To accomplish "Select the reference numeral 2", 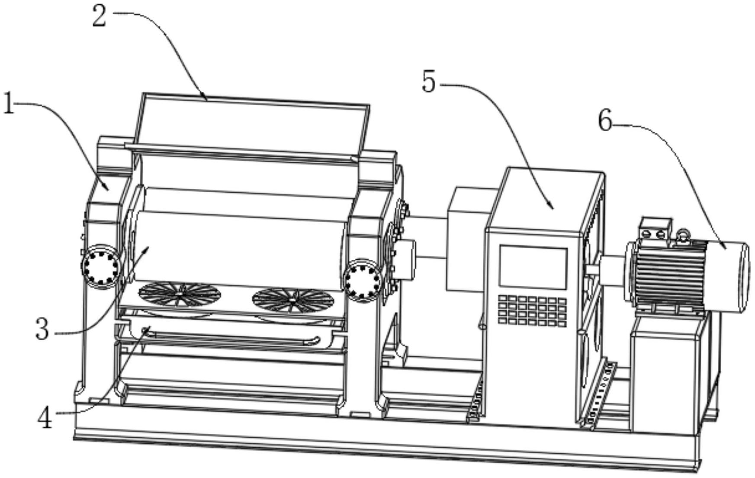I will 99,17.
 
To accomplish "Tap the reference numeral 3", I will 42,329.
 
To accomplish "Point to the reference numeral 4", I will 45,419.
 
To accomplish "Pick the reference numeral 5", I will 428,81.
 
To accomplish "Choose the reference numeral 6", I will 605,120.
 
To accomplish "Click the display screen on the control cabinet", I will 533,268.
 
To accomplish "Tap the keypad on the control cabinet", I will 532,310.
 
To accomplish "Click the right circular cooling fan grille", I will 293,300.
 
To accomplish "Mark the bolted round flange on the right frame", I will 363,281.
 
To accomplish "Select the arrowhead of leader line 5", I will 552,207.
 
